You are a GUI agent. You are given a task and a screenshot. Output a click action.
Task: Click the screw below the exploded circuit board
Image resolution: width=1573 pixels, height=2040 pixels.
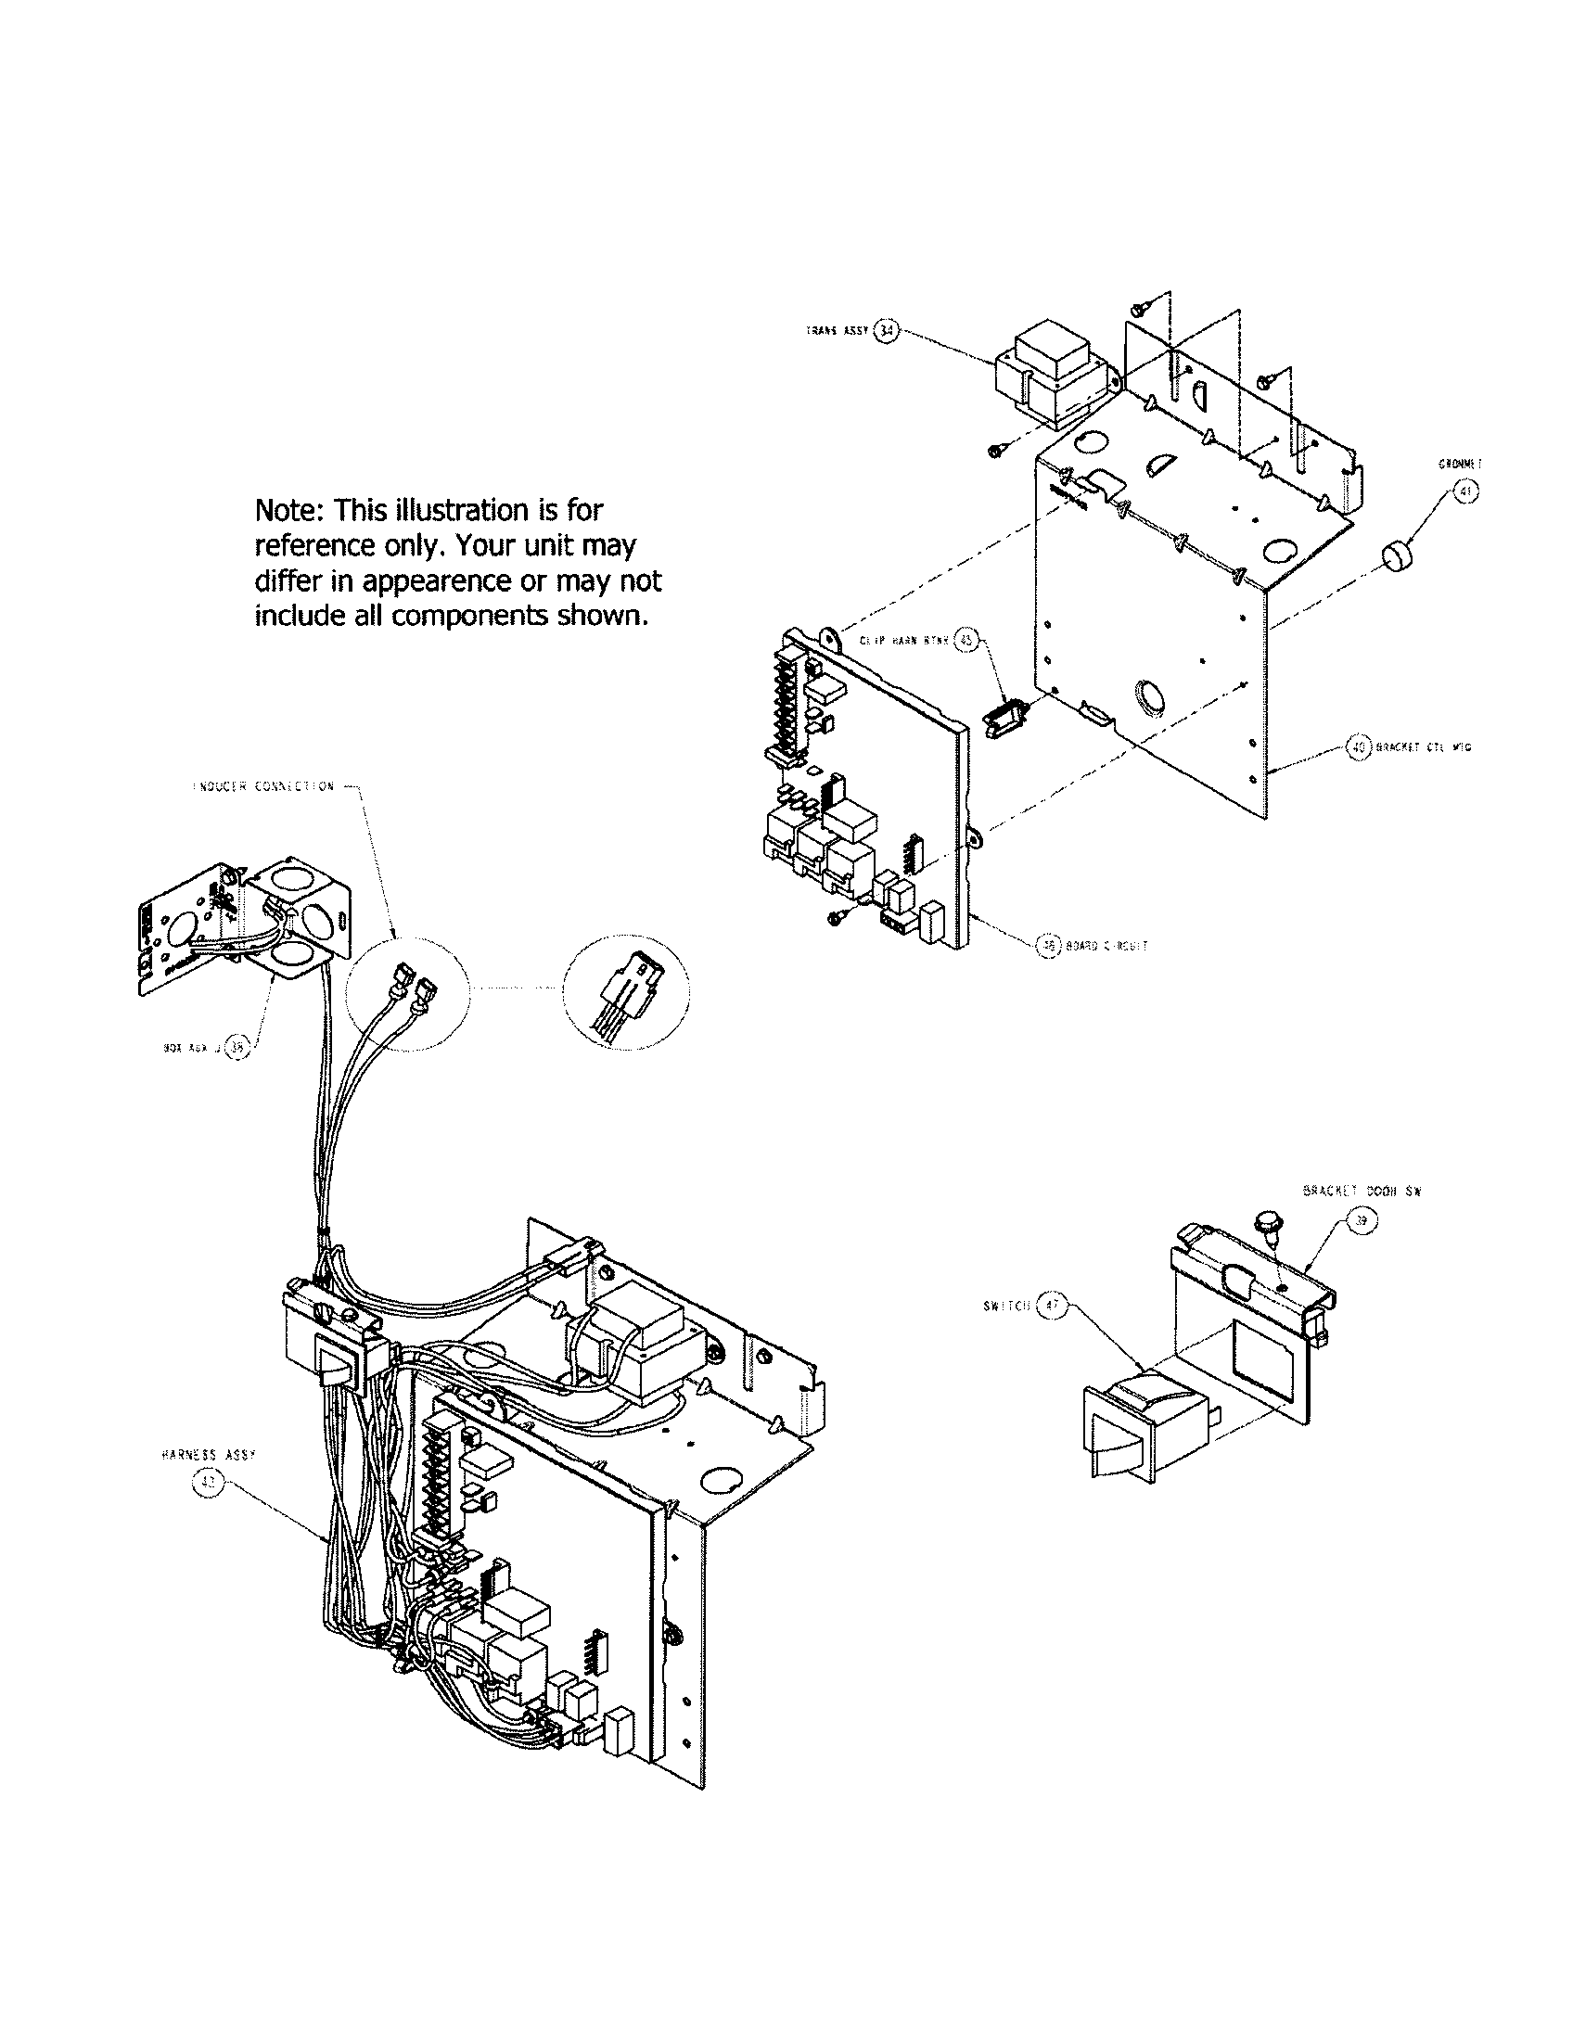point(837,918)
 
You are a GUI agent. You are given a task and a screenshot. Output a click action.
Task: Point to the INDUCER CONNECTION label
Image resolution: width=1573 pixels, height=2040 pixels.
point(263,787)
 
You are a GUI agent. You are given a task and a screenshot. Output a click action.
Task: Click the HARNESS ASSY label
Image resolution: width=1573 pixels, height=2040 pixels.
point(209,1455)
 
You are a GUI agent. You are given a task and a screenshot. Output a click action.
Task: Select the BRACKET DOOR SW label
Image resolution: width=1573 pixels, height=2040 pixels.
point(1361,1192)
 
